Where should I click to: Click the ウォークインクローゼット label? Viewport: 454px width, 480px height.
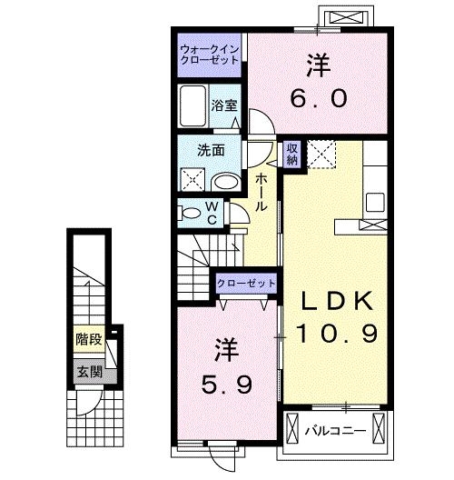pos(210,53)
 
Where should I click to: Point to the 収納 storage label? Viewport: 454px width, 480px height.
pos(292,154)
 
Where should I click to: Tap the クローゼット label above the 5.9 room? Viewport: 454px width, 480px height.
pos(246,284)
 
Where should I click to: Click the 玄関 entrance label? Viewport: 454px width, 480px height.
pos(89,371)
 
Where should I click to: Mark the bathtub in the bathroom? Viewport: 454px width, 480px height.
pos(192,107)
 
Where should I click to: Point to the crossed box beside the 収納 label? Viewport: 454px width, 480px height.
pos(321,154)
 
